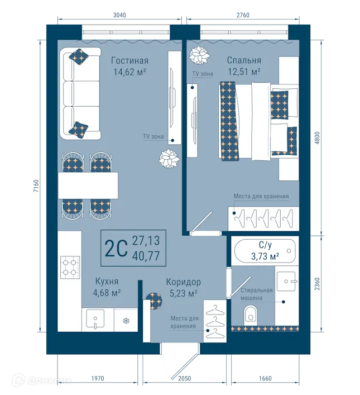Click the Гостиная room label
coord(129,60)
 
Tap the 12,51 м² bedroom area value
coord(244,72)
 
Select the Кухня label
coord(106,282)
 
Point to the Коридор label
coord(184,282)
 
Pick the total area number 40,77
coord(146,254)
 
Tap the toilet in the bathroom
coord(249,315)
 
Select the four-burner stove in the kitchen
coord(70,268)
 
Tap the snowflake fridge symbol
coord(126,321)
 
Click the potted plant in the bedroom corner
coord(198,56)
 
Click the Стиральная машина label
coord(257,294)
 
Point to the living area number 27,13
coord(146,241)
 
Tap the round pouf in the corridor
coord(151,300)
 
